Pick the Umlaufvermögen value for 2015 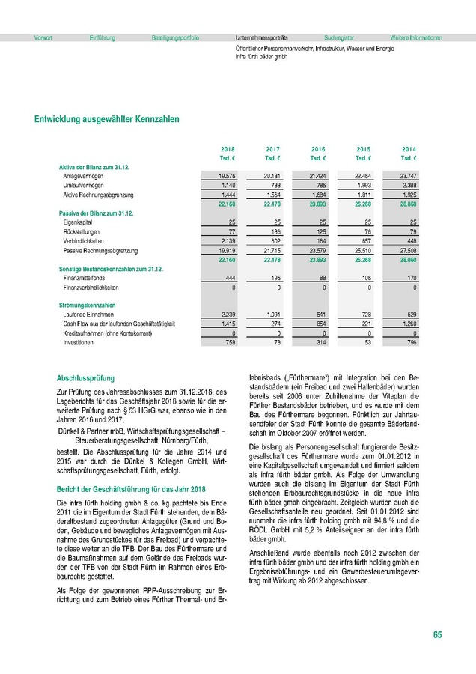point(362,185)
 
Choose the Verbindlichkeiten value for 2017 point(272,241)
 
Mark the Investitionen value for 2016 point(318,341)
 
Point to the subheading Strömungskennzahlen point(87,305)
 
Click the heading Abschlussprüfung point(86,378)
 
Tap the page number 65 point(437,635)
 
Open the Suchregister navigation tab point(339,37)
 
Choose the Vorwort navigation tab point(43,37)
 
